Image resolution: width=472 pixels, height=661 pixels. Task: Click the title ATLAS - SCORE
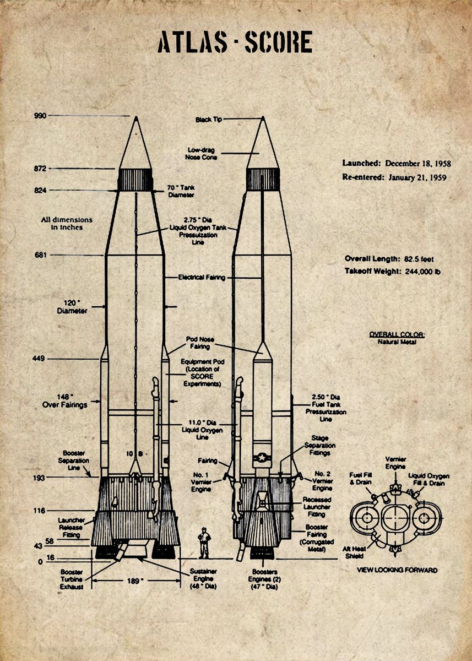tap(235, 42)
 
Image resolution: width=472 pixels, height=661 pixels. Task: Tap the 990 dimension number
tap(40, 116)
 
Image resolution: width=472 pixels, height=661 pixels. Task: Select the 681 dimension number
tap(40, 255)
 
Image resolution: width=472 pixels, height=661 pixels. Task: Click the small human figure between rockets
tap(204, 543)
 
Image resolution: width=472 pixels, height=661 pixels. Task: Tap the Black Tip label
tap(209, 120)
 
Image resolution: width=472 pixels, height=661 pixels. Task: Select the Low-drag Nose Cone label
tap(202, 153)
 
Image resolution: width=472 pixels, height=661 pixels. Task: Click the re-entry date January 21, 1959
tap(417, 177)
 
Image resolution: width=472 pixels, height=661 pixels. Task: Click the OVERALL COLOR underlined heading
tap(397, 334)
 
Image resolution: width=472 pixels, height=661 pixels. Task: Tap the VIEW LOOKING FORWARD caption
tap(397, 570)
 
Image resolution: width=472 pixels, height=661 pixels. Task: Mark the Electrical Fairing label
tap(201, 278)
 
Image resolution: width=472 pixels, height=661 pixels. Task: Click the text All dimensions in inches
tap(67, 223)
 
